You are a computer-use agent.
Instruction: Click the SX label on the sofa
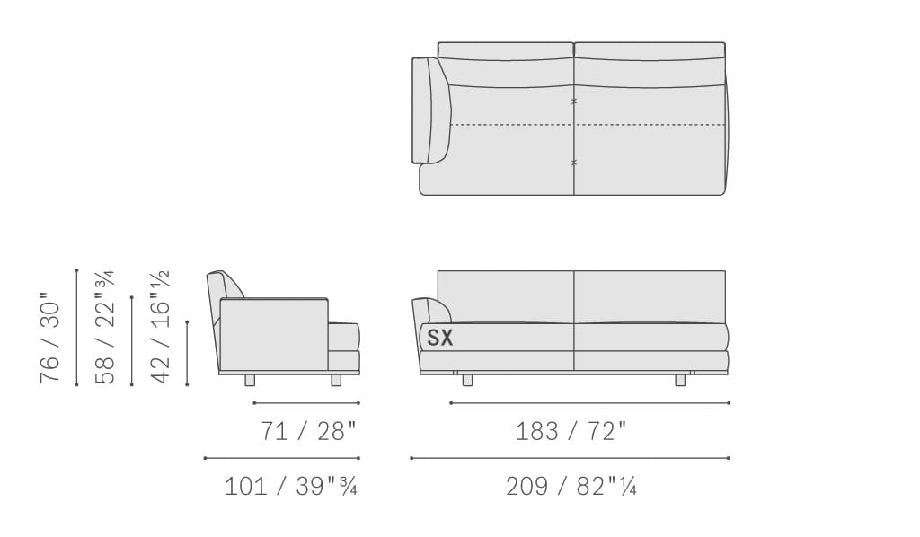pos(439,338)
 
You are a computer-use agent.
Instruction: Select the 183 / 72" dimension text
pos(571,431)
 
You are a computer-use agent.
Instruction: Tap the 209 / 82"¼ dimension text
pos(571,487)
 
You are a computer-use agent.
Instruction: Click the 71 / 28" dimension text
pos(308,431)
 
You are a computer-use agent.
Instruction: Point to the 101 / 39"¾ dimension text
pos(291,487)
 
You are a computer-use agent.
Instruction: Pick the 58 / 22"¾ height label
pos(105,327)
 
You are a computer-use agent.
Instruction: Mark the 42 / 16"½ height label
pos(160,327)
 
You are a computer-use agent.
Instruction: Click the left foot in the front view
pos(467,380)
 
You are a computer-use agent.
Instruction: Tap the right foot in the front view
pos(680,380)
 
